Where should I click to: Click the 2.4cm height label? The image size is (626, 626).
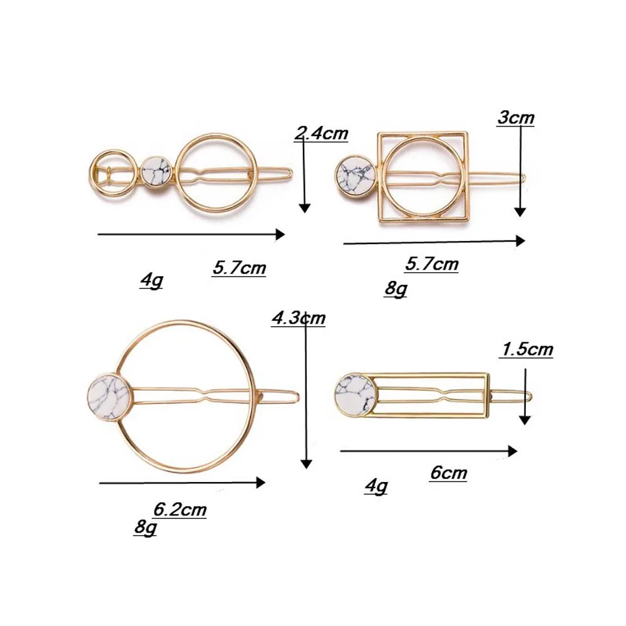point(321,133)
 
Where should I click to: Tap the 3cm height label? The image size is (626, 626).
point(515,118)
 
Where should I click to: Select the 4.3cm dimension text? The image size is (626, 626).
point(299,319)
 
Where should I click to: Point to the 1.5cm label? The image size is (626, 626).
point(526,350)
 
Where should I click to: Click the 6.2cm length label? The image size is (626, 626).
point(180,510)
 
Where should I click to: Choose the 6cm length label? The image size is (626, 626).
point(448,473)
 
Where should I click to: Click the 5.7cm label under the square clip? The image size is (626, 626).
point(431,264)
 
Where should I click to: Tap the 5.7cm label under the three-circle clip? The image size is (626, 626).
point(239,268)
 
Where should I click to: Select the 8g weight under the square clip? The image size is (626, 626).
point(396,288)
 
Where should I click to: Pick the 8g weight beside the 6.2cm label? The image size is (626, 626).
point(145,527)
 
